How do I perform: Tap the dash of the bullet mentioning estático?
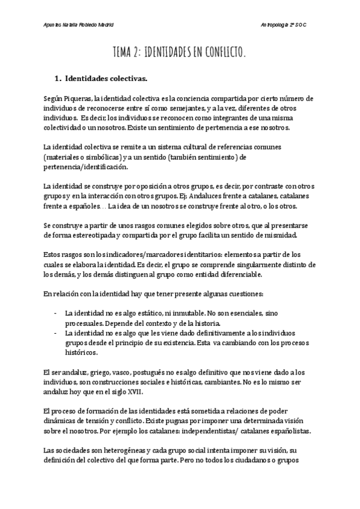tap(56, 313)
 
